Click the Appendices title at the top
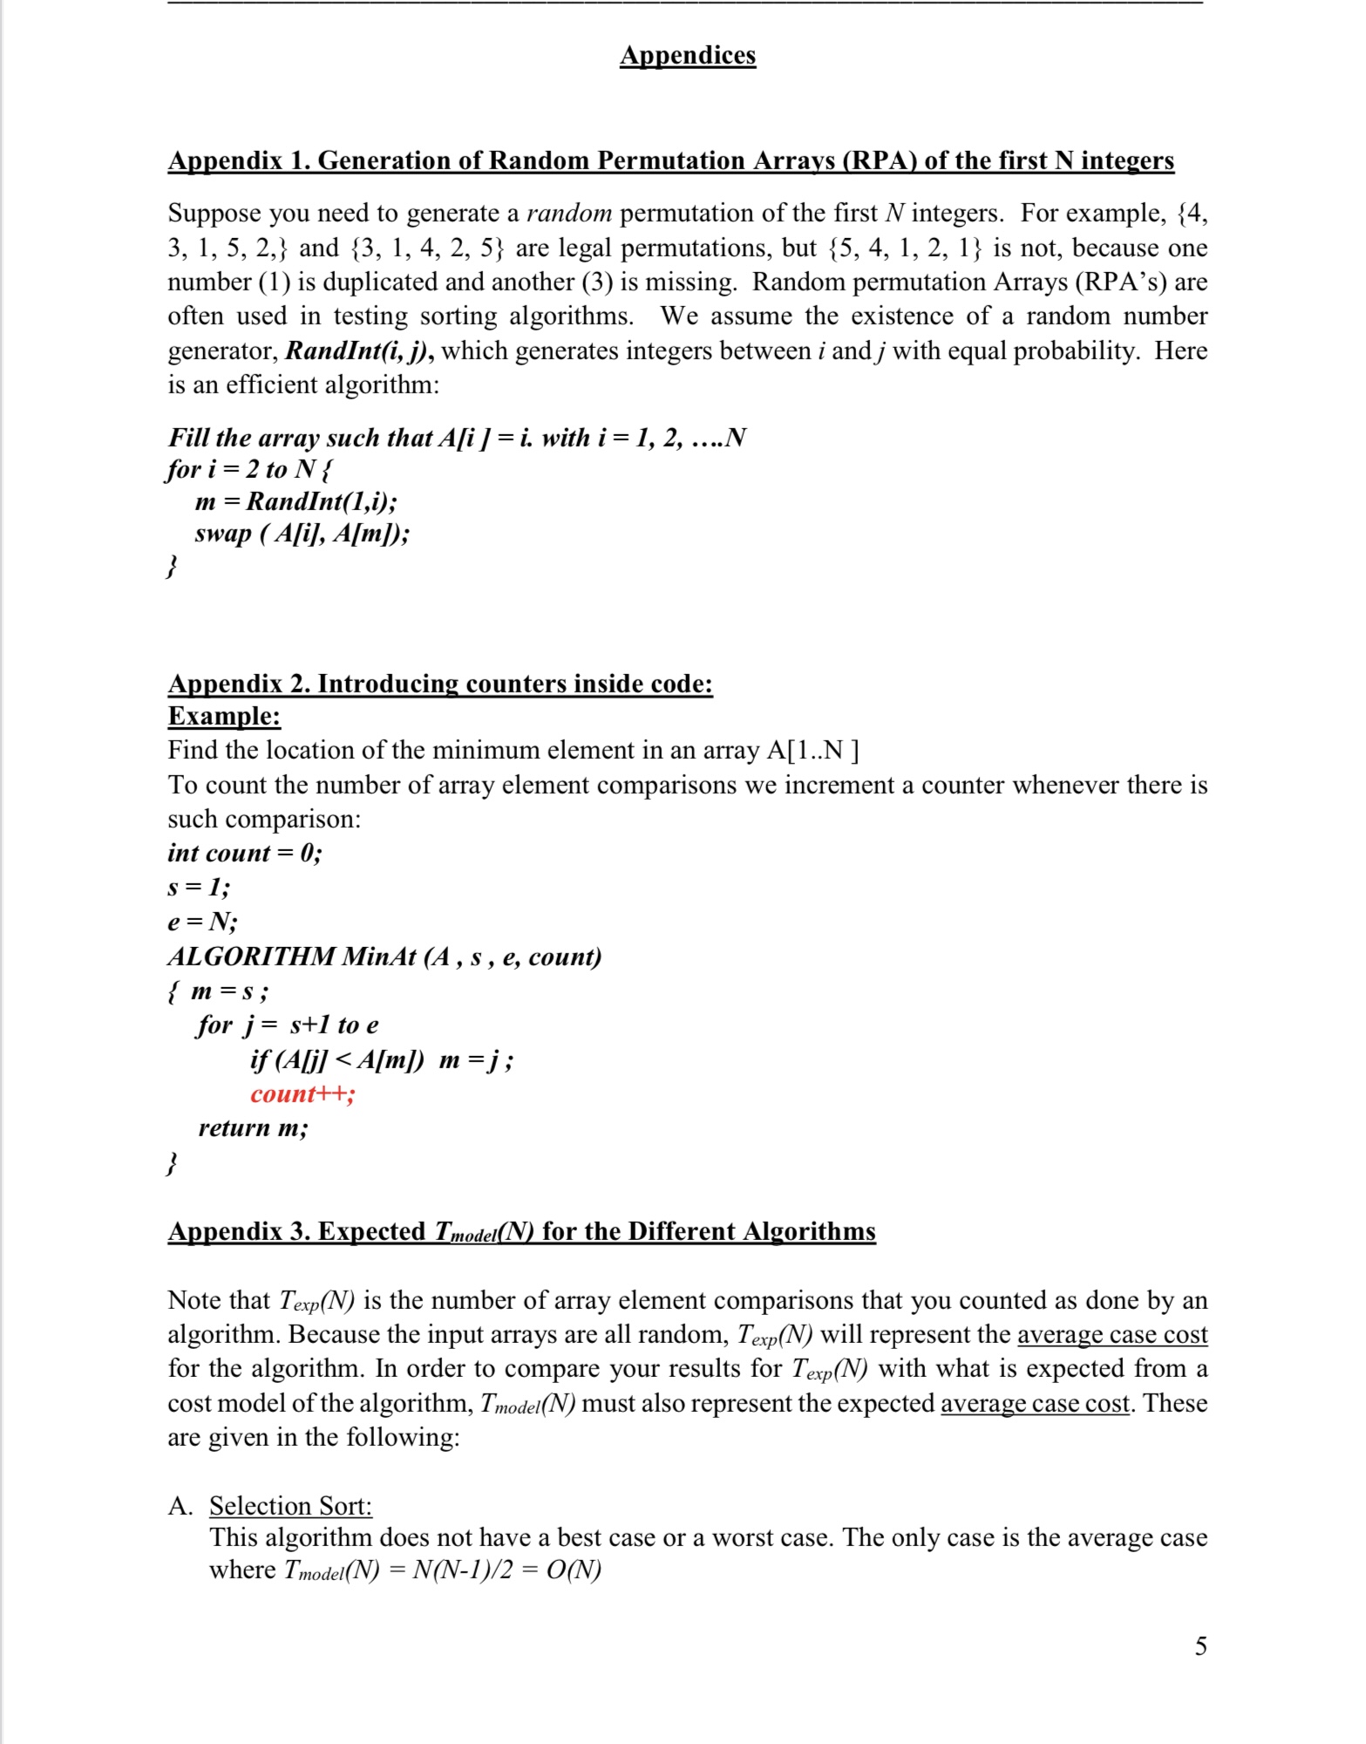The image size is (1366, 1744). coord(688,55)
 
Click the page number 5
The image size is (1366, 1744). coord(1200,1645)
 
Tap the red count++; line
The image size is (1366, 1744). coord(302,1093)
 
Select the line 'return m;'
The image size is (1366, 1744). coord(253,1127)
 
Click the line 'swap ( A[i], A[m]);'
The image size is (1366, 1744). coord(302,533)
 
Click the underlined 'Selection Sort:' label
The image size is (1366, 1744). coord(290,1505)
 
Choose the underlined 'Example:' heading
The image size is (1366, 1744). coord(224,716)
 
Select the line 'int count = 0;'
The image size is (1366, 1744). coord(245,853)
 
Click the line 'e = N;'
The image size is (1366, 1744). coord(202,922)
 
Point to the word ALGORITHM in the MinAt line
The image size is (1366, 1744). coord(251,957)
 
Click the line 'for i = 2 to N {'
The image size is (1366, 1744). coord(249,469)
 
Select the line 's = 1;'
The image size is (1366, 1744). coord(199,888)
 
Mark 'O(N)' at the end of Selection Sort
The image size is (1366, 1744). coord(573,1570)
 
